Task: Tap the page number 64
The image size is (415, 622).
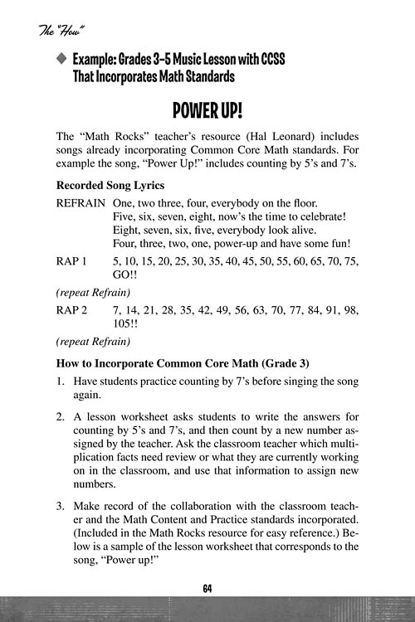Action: [207, 588]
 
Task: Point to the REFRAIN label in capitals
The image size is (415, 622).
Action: [81, 203]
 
